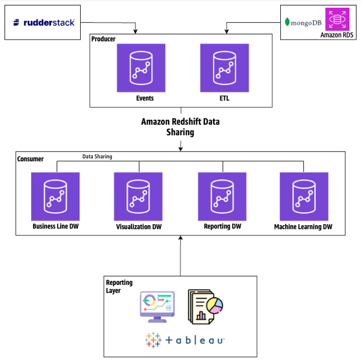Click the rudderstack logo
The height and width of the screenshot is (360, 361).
coord(44,22)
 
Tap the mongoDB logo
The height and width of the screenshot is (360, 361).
coord(303,22)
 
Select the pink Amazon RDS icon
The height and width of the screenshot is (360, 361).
coord(337,19)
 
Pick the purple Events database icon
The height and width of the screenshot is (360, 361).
coord(141,68)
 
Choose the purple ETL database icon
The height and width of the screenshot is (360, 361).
coord(224,68)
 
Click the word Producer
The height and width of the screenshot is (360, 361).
coord(104,38)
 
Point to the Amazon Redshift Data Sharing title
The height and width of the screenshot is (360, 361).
coord(180,127)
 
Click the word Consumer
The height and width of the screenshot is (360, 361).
coord(30,159)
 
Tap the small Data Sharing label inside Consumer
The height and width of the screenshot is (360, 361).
coord(97,157)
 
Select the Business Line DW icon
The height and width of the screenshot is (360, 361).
coord(55,196)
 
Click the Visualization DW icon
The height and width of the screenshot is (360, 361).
coord(138,196)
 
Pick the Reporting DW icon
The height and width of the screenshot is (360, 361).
coord(222,196)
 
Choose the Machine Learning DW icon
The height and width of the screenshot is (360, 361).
coord(304,196)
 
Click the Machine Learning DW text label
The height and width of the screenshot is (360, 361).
coord(303,227)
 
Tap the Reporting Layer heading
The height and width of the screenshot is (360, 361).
coord(119,286)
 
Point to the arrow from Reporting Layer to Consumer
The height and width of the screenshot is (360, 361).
coord(180,256)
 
